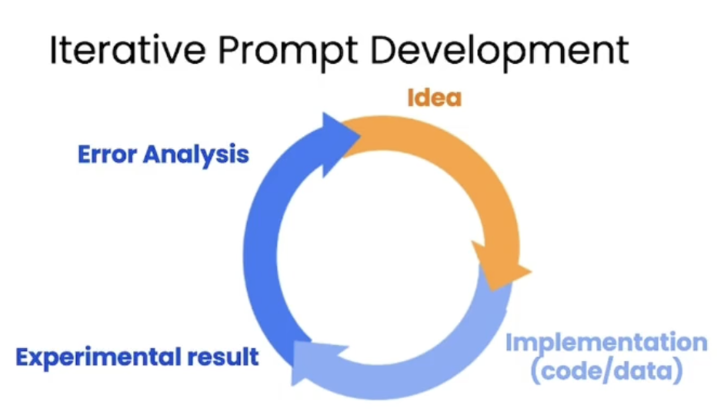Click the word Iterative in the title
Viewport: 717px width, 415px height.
[x=128, y=49]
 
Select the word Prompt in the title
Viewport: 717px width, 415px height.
[x=288, y=52]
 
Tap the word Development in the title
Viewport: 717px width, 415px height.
[x=499, y=52]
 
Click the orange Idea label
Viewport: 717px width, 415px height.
[x=435, y=98]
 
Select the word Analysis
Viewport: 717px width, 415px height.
[x=196, y=155]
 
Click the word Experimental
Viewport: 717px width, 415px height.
[x=98, y=357]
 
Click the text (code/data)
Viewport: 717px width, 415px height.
[x=607, y=370]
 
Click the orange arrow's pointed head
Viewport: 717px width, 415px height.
[x=532, y=271]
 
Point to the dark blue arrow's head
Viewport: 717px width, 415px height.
[x=361, y=135]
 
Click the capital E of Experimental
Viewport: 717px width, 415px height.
[x=23, y=357]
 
